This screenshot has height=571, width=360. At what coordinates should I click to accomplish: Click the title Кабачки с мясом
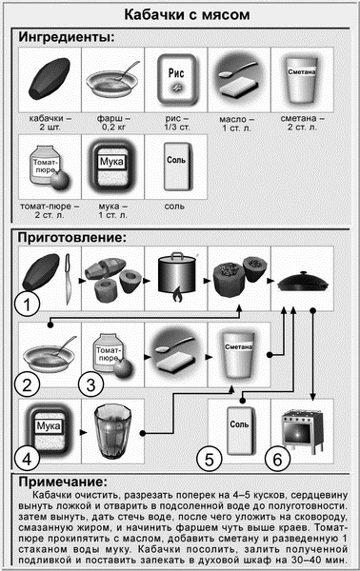pyautogui.click(x=180, y=15)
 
